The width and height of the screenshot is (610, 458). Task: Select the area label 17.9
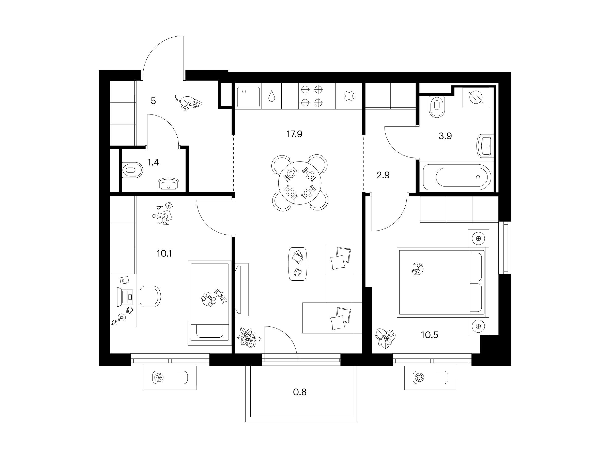294,134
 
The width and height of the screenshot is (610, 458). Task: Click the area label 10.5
429,335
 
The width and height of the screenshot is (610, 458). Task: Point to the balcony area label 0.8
300,392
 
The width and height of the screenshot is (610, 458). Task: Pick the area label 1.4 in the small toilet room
153,162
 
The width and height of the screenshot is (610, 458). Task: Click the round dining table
300,183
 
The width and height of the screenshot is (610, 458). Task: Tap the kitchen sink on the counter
248,97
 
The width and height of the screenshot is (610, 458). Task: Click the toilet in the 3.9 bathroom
437,106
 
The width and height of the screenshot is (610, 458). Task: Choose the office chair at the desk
150,296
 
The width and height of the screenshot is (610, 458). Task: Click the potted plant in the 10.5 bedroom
385,338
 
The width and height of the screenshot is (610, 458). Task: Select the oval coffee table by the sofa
298,264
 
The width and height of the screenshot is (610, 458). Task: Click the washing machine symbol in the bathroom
476,97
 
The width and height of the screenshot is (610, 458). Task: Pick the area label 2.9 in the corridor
383,175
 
